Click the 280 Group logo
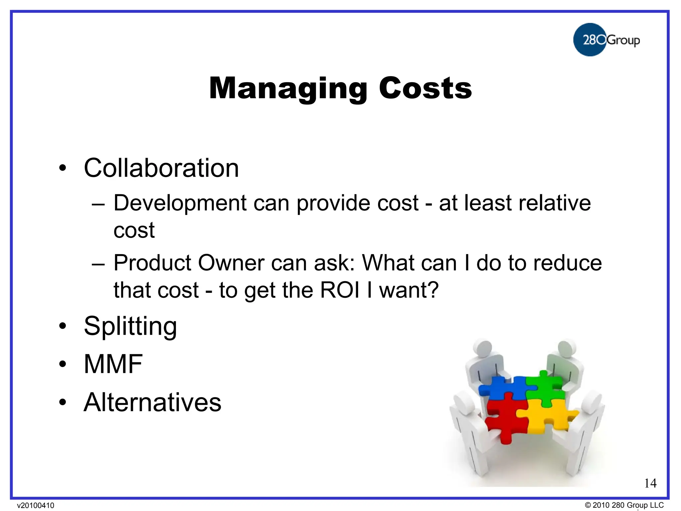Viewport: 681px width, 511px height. pyautogui.click(x=606, y=40)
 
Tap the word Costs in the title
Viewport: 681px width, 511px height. pyautogui.click(x=425, y=88)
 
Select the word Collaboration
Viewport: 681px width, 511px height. pyautogui.click(x=161, y=168)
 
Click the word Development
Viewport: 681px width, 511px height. pyautogui.click(x=180, y=203)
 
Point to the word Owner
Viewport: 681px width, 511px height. pyautogui.click(x=231, y=263)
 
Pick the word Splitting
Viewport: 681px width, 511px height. pyautogui.click(x=130, y=326)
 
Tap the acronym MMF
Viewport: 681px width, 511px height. pyautogui.click(x=113, y=364)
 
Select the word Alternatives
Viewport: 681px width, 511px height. pyautogui.click(x=152, y=402)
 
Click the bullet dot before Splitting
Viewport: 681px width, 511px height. pyautogui.click(x=63, y=326)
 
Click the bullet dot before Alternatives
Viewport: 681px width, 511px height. pyautogui.click(x=63, y=403)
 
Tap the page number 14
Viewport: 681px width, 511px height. pyautogui.click(x=650, y=483)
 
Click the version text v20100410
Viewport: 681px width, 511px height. pyautogui.click(x=36, y=506)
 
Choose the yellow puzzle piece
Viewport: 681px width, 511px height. pyautogui.click(x=545, y=418)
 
